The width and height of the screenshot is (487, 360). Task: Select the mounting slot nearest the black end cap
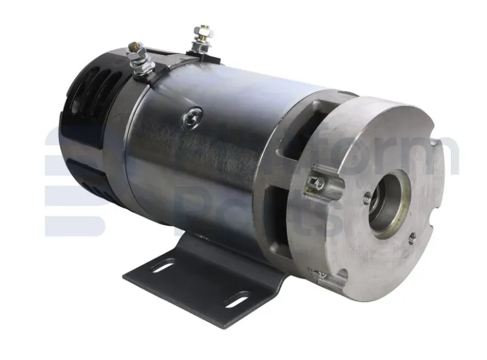164,267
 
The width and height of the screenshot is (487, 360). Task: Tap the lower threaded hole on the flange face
412,237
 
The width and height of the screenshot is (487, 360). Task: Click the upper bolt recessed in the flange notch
319,184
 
